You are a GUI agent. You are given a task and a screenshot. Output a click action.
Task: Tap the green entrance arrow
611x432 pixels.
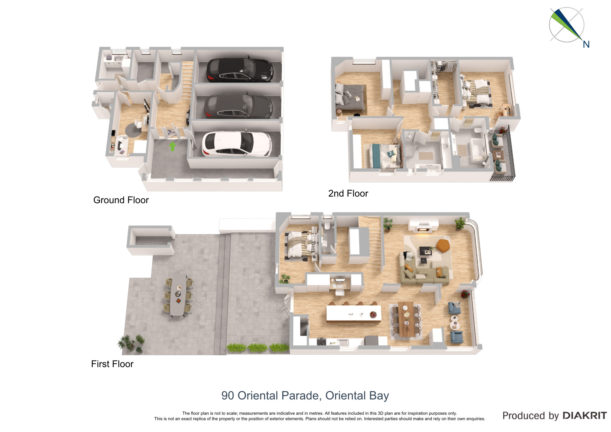(173, 146)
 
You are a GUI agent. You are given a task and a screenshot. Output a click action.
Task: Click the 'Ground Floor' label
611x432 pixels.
(121, 200)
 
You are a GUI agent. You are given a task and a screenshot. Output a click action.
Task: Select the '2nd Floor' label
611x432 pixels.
(348, 194)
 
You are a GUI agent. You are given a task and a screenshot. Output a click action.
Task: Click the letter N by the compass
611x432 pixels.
(586, 44)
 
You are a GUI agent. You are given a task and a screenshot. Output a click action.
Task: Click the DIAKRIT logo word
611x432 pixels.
(585, 416)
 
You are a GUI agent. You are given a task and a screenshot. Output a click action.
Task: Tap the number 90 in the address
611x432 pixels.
(227, 396)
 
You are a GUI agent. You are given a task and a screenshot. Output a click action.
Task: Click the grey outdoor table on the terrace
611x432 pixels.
(178, 295)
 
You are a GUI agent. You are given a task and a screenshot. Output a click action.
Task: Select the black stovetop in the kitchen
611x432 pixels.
(321, 342)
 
